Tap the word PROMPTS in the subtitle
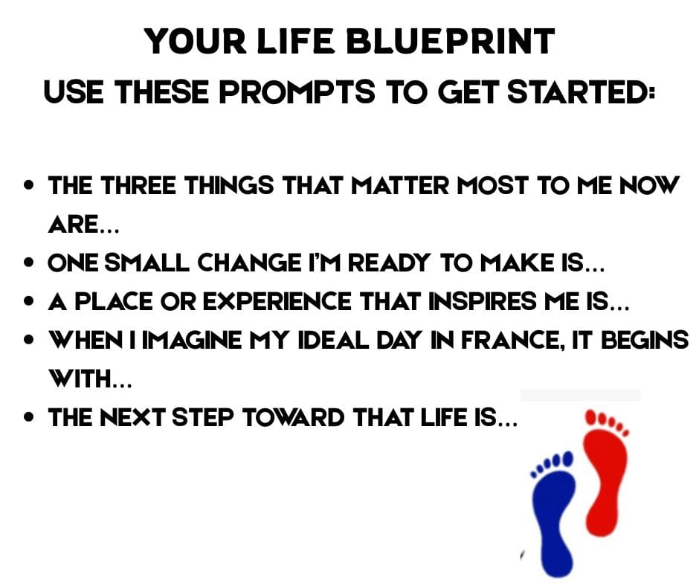[x=297, y=92]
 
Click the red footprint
[x=606, y=473]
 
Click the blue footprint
[x=553, y=513]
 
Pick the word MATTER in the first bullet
[x=400, y=185]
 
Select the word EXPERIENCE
[x=277, y=301]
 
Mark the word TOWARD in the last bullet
[x=293, y=418]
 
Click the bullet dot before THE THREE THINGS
[x=30, y=185]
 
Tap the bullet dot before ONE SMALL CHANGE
[x=30, y=263]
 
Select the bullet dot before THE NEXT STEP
[x=30, y=418]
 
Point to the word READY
[x=389, y=263]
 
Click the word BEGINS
[x=645, y=341]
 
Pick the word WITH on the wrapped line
[x=80, y=379]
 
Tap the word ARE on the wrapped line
[x=73, y=225]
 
